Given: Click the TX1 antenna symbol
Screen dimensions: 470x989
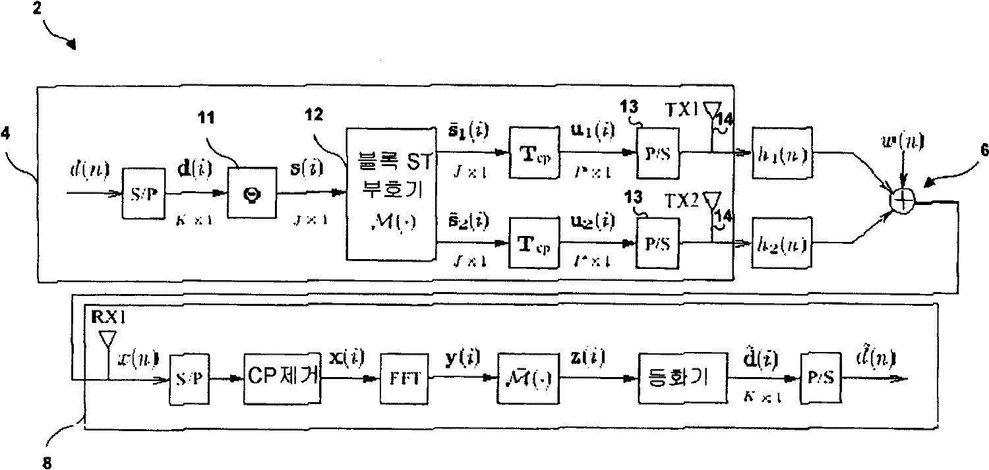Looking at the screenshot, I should pos(710,108).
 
